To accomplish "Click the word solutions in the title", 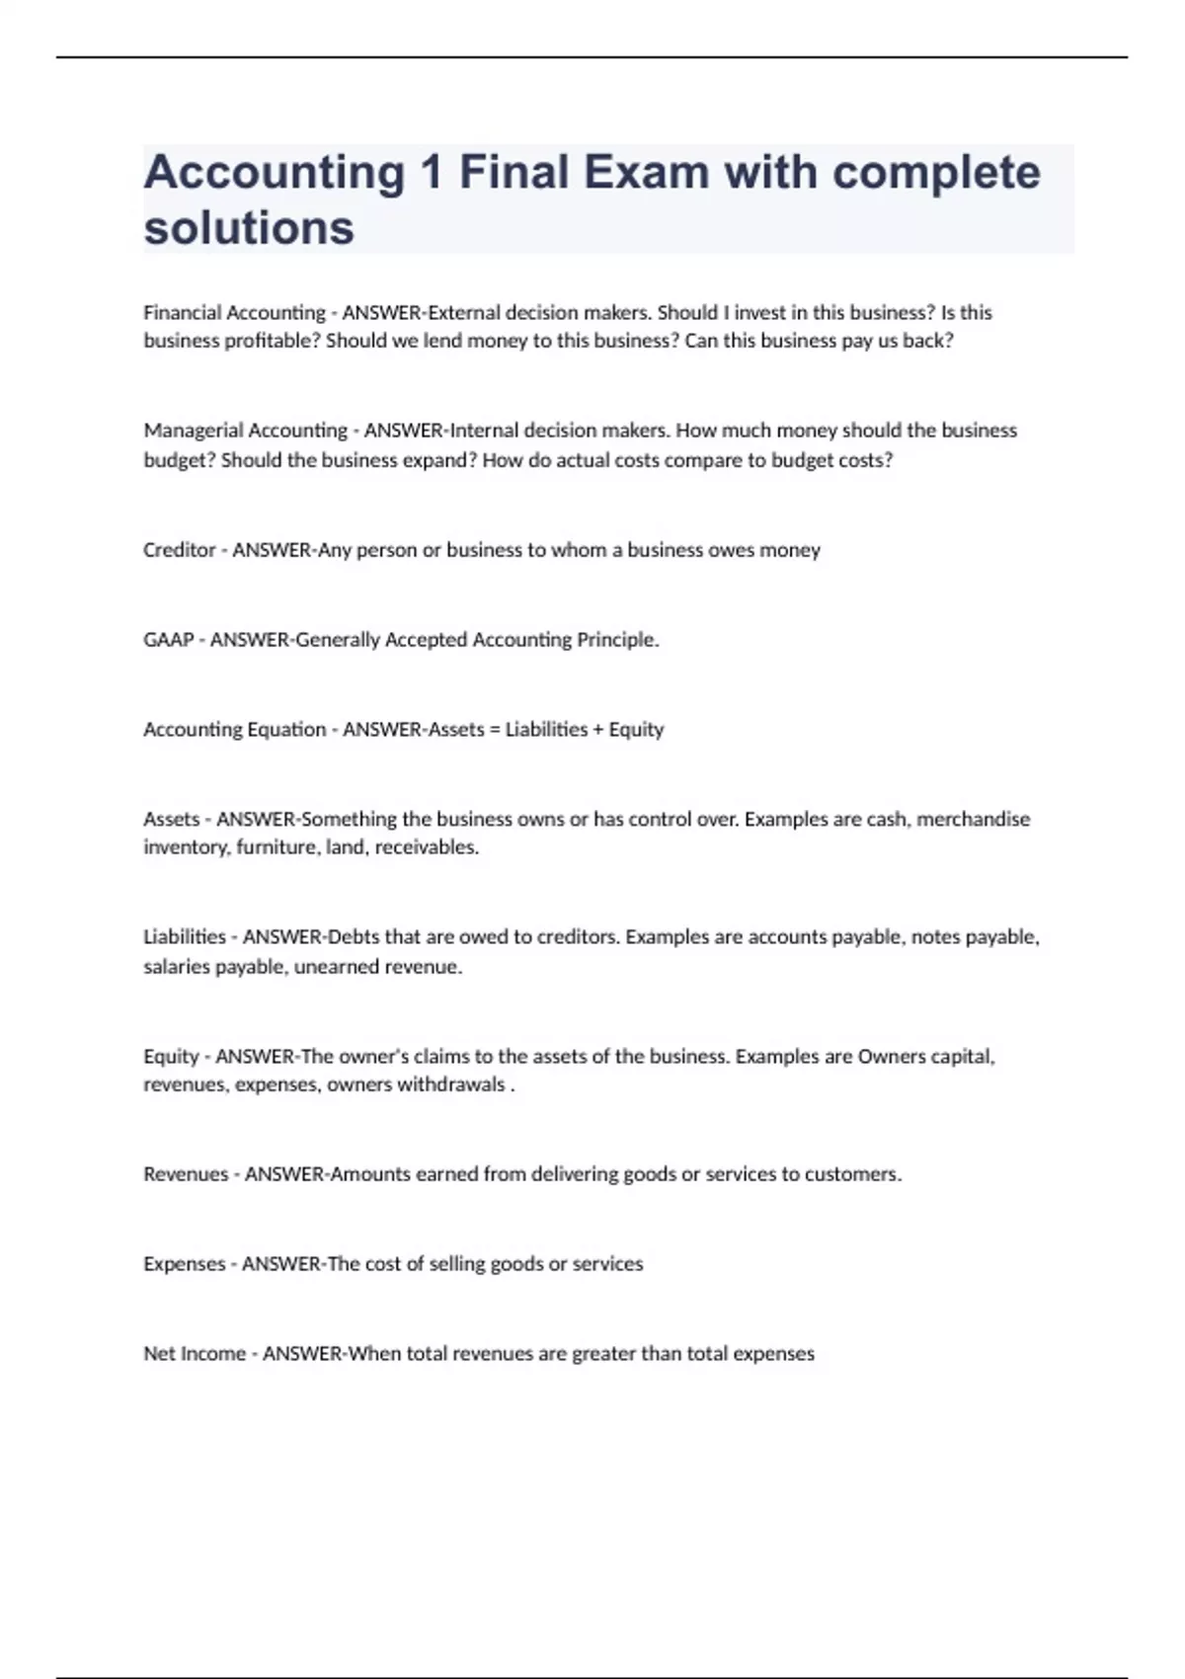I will tap(249, 228).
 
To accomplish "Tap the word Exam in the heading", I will tap(646, 173).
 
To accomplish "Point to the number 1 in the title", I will tap(431, 173).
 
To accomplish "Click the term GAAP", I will tap(168, 640).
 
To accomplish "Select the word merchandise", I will tap(974, 819).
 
